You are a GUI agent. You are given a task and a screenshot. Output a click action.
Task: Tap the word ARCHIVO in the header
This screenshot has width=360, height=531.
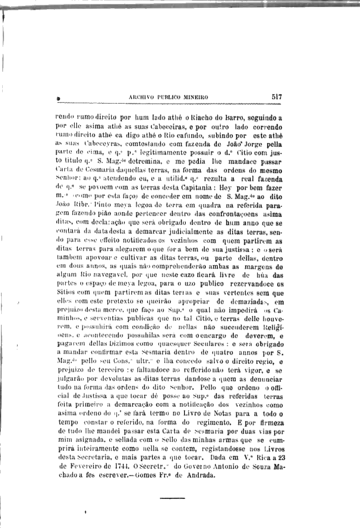click(x=142, y=97)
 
